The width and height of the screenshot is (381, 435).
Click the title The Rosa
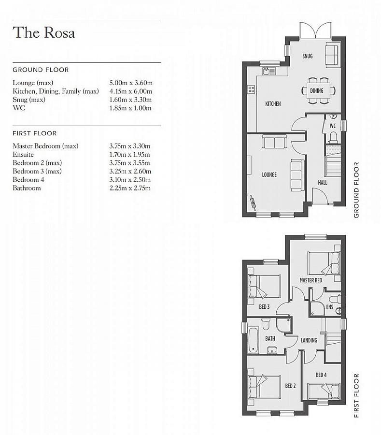44,33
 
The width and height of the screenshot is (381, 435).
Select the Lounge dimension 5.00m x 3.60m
130,83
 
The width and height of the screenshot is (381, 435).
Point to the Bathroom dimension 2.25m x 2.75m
130,188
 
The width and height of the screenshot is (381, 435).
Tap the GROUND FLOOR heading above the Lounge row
41,70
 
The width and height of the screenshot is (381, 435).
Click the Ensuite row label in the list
23,154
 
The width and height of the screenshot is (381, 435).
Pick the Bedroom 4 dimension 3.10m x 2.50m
130,180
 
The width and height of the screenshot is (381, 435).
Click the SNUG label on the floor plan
308,56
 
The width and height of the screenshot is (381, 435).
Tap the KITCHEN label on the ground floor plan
273,104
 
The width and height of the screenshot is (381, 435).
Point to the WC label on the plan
333,126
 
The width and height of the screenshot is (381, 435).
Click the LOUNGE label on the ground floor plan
269,174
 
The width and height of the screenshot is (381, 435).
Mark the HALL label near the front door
323,183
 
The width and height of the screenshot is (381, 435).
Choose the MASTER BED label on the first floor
310,280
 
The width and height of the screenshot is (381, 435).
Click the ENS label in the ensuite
330,307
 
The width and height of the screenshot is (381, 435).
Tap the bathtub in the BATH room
254,340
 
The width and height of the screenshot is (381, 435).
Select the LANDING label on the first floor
309,340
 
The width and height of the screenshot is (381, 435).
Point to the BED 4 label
322,375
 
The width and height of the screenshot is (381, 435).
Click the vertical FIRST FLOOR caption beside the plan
356,395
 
